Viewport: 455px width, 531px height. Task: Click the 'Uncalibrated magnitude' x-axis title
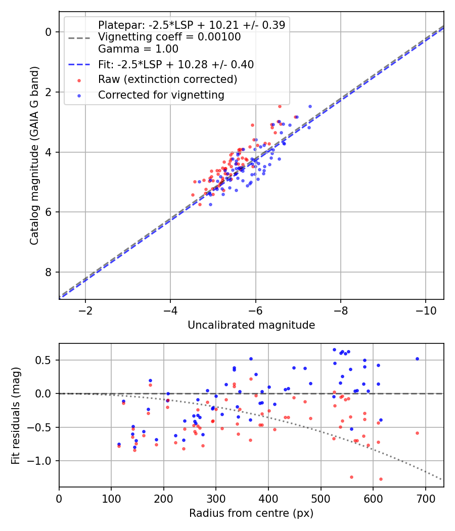(x=251, y=325)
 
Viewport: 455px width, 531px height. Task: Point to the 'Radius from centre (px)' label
(x=251, y=513)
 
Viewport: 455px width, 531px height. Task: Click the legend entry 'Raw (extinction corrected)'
(x=167, y=79)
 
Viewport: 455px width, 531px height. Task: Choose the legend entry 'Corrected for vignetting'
(x=161, y=95)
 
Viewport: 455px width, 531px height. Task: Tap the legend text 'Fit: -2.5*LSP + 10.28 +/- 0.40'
(x=175, y=64)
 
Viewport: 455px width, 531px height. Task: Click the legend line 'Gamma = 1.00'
(x=138, y=49)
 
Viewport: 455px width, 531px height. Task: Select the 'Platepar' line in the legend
(x=192, y=25)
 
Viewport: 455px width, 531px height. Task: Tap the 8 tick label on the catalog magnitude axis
(x=49, y=273)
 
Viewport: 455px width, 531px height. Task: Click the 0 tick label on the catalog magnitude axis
(x=49, y=32)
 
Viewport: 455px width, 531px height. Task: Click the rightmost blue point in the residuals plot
(x=417, y=359)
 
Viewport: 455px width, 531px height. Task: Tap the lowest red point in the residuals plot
(x=381, y=479)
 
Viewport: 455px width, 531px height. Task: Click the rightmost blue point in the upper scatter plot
(x=310, y=107)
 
